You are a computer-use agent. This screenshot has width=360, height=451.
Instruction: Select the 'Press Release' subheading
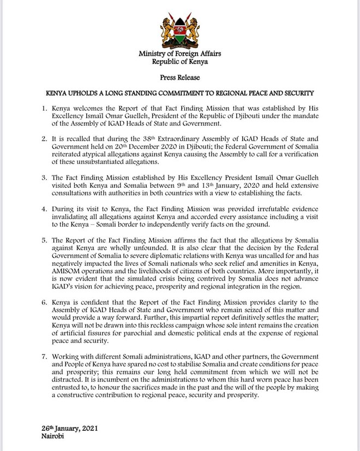pyautogui.click(x=180, y=79)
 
